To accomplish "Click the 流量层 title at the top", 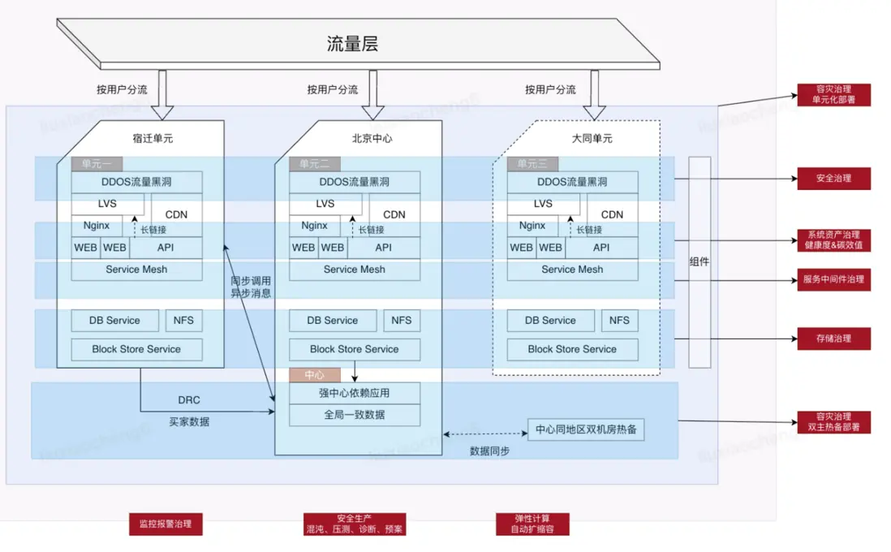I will point(352,44).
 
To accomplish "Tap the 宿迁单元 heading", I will point(153,138).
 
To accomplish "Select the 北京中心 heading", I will point(372,138).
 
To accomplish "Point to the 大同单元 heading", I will point(592,138).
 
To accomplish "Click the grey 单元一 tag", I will point(97,164).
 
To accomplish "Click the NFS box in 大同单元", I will point(619,321).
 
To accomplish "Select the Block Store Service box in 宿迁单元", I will point(136,350).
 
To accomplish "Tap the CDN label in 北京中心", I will point(394,214).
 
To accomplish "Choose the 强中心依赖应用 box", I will point(355,393).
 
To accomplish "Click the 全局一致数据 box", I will point(355,415).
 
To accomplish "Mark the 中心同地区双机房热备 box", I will point(586,429).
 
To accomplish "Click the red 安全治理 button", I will point(833,179).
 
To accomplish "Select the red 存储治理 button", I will point(833,339).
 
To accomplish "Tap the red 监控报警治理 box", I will point(166,524).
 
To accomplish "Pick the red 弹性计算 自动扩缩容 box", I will point(532,524).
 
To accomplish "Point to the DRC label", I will point(189,400).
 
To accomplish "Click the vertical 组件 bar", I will point(699,261).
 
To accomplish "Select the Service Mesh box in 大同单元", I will point(572,270).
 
